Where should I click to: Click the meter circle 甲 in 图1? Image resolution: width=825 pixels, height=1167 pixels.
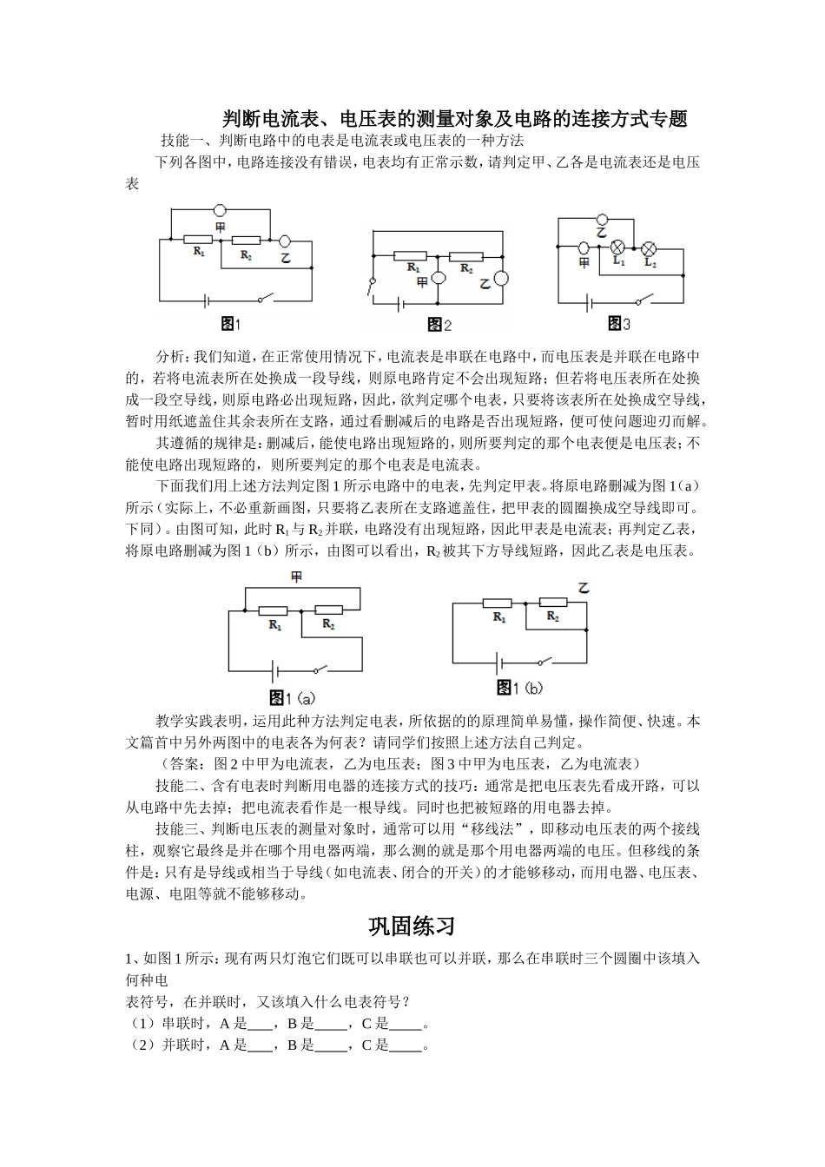(221, 210)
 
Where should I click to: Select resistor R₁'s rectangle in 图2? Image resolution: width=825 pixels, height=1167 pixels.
(410, 256)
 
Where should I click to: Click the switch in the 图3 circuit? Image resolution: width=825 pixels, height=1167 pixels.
(643, 302)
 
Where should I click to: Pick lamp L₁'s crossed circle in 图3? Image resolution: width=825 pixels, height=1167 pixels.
(619, 246)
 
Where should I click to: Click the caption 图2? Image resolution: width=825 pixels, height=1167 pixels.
(439, 325)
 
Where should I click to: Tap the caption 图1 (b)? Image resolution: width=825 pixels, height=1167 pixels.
(519, 688)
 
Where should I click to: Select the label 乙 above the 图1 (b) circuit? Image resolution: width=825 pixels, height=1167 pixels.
(583, 588)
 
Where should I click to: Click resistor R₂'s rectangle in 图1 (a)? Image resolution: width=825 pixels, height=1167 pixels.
(328, 610)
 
